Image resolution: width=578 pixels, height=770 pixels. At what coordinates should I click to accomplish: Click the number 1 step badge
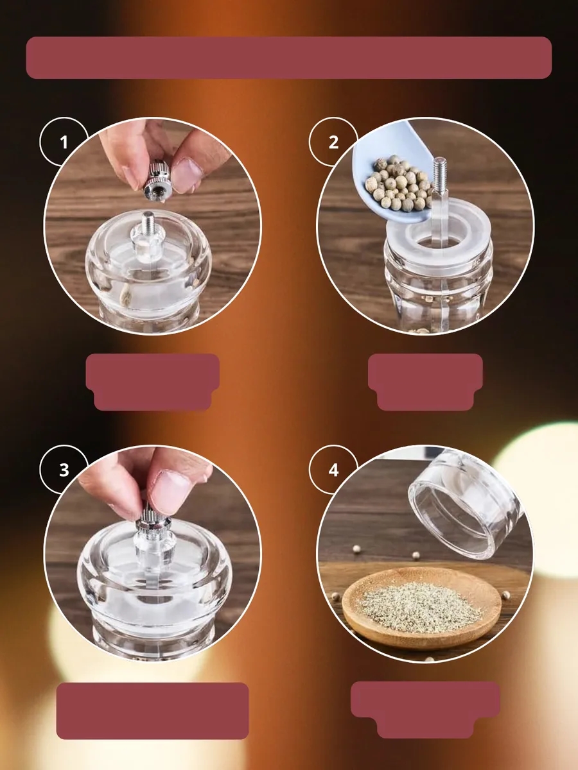tap(64, 142)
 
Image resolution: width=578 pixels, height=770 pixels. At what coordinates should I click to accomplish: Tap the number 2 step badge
tap(333, 142)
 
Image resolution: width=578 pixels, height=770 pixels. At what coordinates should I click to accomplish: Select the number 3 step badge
tap(64, 470)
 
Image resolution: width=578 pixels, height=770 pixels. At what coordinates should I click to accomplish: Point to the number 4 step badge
tap(333, 470)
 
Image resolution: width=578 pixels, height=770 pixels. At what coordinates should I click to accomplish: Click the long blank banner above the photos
tap(289, 58)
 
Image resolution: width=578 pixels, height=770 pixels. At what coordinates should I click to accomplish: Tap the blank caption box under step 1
tap(153, 382)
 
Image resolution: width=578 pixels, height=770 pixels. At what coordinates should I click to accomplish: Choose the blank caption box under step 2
tap(425, 382)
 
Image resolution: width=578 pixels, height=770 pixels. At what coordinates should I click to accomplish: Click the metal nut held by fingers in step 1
tap(157, 182)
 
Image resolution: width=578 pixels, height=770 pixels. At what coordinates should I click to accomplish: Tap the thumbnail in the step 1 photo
tap(188, 175)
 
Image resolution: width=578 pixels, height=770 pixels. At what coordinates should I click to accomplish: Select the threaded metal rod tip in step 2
tap(439, 173)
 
